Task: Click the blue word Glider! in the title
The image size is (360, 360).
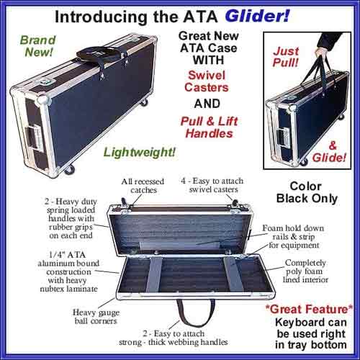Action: click(x=257, y=17)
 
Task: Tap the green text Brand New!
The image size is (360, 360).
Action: click(x=38, y=46)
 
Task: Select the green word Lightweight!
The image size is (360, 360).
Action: click(x=140, y=152)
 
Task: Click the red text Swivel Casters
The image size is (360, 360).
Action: click(x=207, y=81)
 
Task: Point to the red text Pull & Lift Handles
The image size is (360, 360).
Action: click(x=210, y=127)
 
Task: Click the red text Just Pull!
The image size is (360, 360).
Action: click(x=286, y=57)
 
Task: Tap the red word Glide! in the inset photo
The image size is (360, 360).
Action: click(x=329, y=158)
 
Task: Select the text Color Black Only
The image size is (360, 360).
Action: click(x=307, y=192)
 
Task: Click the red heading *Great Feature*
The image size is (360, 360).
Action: click(x=309, y=309)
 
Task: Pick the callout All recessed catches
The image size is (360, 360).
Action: click(x=143, y=186)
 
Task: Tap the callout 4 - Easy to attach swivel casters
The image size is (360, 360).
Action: click(x=212, y=185)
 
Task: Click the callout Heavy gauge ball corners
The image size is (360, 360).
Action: click(x=96, y=317)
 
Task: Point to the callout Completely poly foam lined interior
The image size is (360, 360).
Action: click(x=305, y=271)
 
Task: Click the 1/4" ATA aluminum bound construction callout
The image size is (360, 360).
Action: click(x=68, y=271)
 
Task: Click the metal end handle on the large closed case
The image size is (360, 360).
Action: click(x=34, y=139)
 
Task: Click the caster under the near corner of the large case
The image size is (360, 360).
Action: click(x=69, y=170)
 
